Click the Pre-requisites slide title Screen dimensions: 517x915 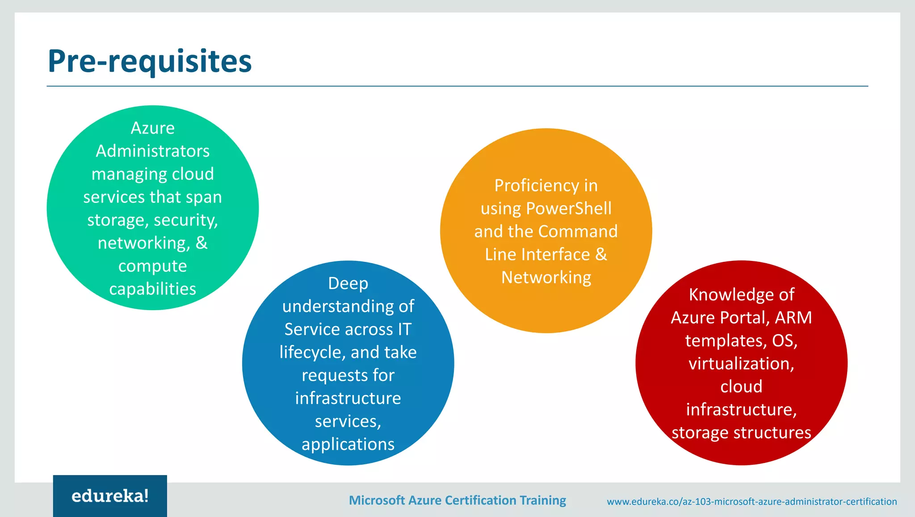pos(150,61)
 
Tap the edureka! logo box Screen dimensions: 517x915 pos(110,496)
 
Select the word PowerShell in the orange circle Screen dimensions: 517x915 pos(568,209)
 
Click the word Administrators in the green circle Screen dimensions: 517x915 pos(153,151)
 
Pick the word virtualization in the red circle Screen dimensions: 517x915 pos(741,364)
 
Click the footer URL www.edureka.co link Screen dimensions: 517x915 pos(751,501)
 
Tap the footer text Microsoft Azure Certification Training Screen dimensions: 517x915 pos(457,500)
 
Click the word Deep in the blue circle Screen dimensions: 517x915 pos(348,283)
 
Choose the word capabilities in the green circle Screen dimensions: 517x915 pos(153,289)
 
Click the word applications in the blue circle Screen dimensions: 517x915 pos(348,444)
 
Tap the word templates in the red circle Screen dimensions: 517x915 pos(726,341)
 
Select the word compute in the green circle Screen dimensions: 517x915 pos(153,266)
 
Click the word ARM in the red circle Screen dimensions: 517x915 pos(793,318)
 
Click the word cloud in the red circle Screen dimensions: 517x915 pos(741,387)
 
